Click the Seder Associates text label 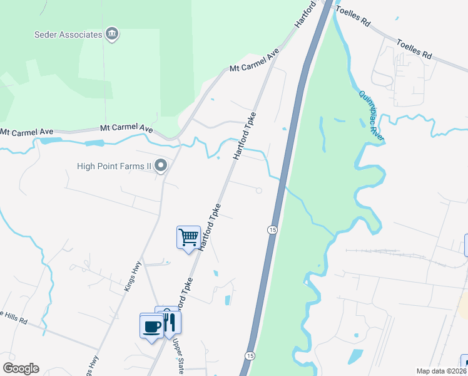68,34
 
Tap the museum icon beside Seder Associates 112,34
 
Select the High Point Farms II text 114,166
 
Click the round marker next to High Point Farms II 161,166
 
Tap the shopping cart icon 188,238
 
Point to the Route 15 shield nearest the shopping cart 272,230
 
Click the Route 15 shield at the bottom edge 249,355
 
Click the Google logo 20,368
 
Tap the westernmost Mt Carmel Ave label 24,133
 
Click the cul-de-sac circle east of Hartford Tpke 258,191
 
